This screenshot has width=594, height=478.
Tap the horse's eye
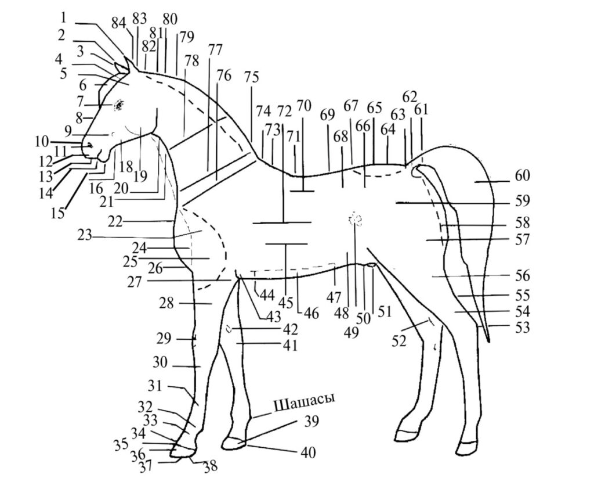click(x=119, y=105)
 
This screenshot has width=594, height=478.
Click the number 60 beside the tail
click(x=523, y=175)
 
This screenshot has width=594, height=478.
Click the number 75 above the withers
click(x=251, y=77)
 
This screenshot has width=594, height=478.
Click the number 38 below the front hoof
click(x=210, y=465)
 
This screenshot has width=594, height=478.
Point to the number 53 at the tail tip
click(x=523, y=328)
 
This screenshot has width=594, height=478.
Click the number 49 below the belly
click(x=351, y=332)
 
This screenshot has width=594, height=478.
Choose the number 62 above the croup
click(x=410, y=96)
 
